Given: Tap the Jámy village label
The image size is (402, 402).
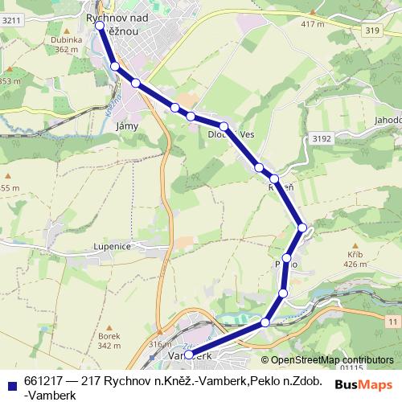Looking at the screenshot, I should tap(128, 127).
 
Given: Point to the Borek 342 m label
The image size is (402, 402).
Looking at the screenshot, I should tap(109, 340).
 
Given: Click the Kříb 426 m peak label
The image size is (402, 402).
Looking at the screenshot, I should tap(355, 258).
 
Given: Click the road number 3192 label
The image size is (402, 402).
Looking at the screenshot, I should tap(321, 138).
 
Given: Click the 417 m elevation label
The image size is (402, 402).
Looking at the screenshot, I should tap(311, 23).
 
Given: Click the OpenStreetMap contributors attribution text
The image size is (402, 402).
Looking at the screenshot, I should tap(332, 360).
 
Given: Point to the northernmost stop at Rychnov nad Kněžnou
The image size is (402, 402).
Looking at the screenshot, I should tap(100, 26).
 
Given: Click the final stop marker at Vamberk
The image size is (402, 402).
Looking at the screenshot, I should tap(189, 355).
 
